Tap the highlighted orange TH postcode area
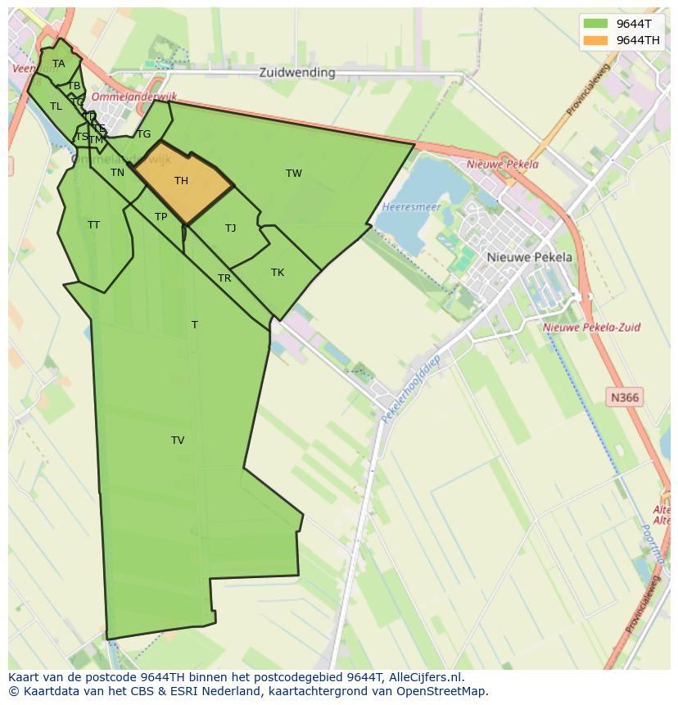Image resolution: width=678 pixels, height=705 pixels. coord(182,181)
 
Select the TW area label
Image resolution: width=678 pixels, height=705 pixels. coord(294,174)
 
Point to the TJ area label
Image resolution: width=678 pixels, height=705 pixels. coord(231,228)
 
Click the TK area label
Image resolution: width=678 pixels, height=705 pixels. coord(278,273)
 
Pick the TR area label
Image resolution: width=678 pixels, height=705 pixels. coord(224,278)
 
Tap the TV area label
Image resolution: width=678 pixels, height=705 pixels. coord(178,441)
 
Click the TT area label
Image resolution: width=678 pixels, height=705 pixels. coord(94,225)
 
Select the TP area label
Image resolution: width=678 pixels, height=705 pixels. coord(161,217)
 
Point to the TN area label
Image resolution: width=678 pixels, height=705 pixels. coord(118,173)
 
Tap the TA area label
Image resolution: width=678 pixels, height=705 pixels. coord(59,64)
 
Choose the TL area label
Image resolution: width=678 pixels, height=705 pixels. coord(56,106)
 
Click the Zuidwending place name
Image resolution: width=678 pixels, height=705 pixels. coord(297,72)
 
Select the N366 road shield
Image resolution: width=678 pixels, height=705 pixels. coord(625,398)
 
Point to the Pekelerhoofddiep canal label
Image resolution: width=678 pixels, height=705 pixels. coord(411,388)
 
